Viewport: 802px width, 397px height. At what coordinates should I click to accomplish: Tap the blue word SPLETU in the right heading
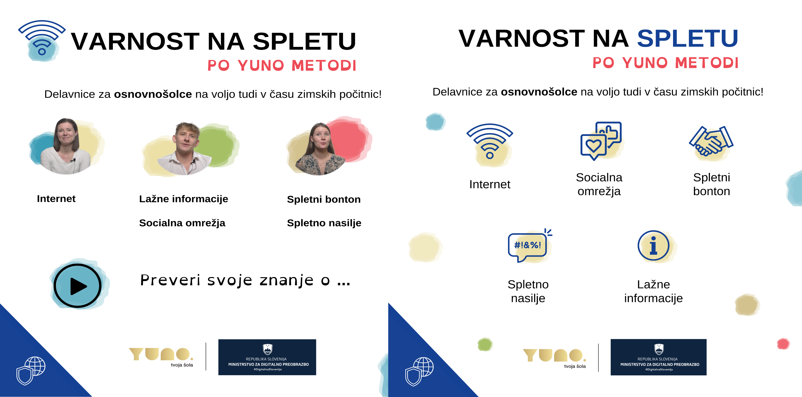pyautogui.click(x=687, y=39)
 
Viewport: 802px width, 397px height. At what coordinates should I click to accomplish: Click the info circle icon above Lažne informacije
pyautogui.click(x=653, y=246)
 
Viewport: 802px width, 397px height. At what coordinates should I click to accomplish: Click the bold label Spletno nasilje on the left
pyautogui.click(x=324, y=223)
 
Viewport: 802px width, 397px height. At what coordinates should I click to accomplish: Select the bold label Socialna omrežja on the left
pyautogui.click(x=182, y=223)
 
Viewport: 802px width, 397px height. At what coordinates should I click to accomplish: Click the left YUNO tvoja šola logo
pyautogui.click(x=161, y=357)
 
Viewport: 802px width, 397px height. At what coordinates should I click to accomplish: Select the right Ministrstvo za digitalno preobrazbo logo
pyautogui.click(x=658, y=357)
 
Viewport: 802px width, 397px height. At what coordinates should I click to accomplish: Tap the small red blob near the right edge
pyautogui.click(x=783, y=344)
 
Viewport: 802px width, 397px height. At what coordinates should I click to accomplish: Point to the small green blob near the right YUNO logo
pyautogui.click(x=484, y=344)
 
